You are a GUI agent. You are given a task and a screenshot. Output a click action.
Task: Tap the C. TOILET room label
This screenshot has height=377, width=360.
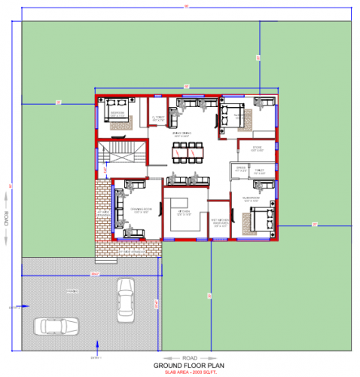pyautogui.click(x=158, y=118)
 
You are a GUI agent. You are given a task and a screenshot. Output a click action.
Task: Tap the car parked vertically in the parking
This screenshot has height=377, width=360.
pyautogui.click(x=125, y=299)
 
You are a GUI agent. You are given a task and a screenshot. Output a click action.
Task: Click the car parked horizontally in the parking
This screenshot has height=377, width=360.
pyautogui.click(x=55, y=326)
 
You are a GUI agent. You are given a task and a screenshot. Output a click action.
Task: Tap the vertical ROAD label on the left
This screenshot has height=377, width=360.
pyautogui.click(x=6, y=219)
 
